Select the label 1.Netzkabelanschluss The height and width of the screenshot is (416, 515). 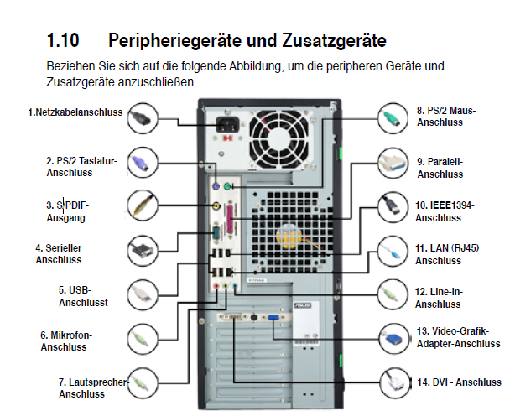coord(75,112)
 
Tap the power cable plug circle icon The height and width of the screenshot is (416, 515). coord(145,117)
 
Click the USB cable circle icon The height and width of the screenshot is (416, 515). coord(145,294)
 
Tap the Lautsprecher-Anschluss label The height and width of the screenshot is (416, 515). coord(92,387)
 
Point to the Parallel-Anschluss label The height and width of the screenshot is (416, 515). coord(440,168)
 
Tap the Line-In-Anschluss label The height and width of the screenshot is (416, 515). coord(441,297)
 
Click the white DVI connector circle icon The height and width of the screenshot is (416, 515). coord(393,381)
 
